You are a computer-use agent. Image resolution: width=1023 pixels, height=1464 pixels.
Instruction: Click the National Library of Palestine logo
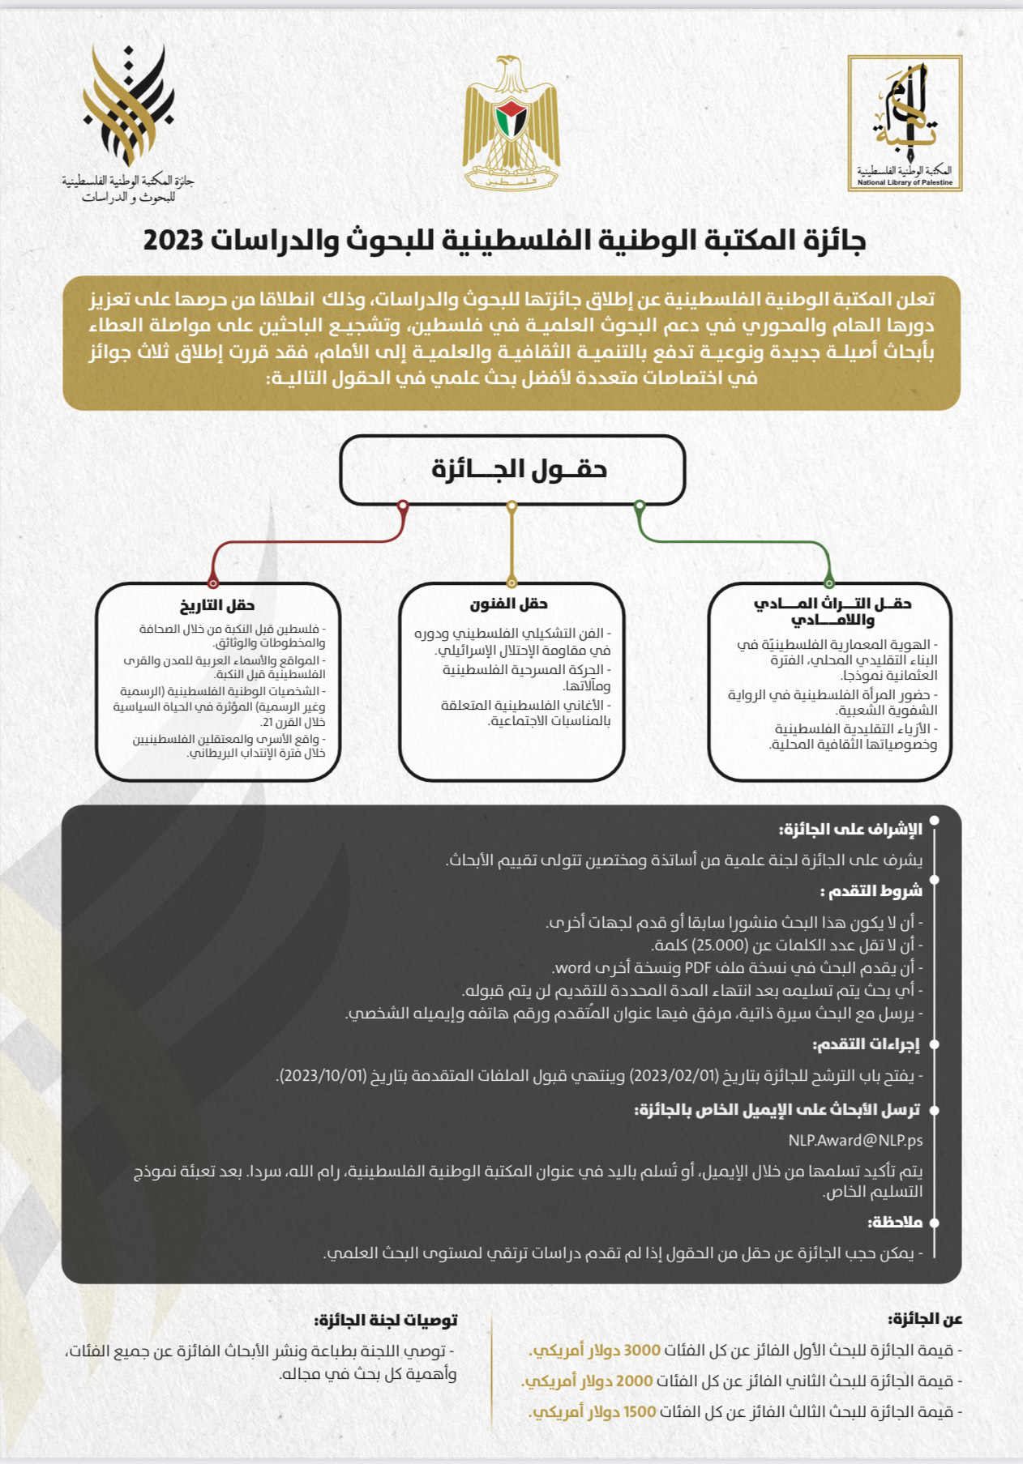point(904,123)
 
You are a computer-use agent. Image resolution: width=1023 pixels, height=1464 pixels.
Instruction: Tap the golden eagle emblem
point(511,123)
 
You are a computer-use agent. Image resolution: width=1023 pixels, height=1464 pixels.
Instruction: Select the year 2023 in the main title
point(173,241)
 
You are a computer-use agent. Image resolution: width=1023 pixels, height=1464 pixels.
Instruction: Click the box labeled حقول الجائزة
point(512,470)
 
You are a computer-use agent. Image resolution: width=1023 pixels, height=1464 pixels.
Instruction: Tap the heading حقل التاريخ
point(217,605)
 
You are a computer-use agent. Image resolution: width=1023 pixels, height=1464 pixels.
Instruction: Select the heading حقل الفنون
point(509,604)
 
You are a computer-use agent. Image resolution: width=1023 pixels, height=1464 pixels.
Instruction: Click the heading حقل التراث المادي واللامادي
point(833,612)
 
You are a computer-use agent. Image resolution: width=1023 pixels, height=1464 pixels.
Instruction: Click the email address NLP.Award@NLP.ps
point(855,1140)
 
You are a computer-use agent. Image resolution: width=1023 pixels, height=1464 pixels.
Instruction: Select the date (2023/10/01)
point(323,1076)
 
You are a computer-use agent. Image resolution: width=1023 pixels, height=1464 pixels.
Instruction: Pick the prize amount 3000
point(642,1351)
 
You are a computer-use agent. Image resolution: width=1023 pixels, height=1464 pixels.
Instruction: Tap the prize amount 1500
point(640,1412)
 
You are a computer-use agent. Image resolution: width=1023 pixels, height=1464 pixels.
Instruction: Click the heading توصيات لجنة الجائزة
point(386,1320)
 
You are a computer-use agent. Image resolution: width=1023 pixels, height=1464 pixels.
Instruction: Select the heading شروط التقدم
point(872,891)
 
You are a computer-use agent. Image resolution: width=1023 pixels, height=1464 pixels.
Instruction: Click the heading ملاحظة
point(895,1222)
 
